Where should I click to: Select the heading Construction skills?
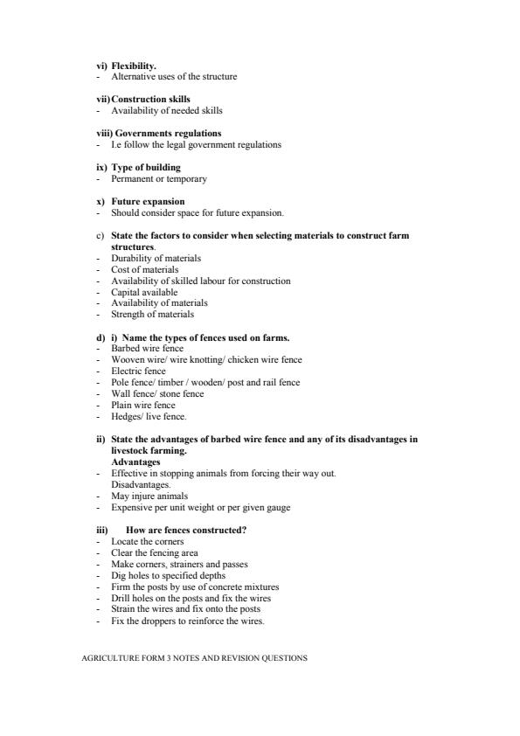coord(150,100)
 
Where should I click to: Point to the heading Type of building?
coord(147,168)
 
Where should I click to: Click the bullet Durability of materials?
coord(156,259)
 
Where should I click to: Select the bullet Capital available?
coord(144,293)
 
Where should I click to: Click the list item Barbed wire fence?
coord(148,349)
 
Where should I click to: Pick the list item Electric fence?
coord(138,371)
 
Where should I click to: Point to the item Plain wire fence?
coord(143,406)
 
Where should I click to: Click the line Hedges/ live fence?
coord(149,417)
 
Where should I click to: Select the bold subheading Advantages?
coord(135,462)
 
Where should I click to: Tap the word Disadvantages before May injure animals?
coord(141,484)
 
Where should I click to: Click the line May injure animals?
coord(149,496)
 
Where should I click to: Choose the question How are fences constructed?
coord(186,531)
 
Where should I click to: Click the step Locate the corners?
coord(148,542)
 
